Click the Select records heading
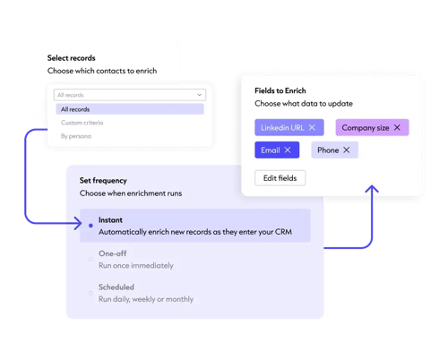point(72,58)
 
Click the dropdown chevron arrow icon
point(199,94)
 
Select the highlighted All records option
point(76,109)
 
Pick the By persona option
point(76,136)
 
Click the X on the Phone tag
point(346,150)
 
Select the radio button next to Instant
point(90,226)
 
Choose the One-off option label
point(113,253)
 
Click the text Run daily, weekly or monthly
point(146,299)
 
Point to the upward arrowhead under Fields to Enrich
point(372,190)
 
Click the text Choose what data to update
point(302,105)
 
